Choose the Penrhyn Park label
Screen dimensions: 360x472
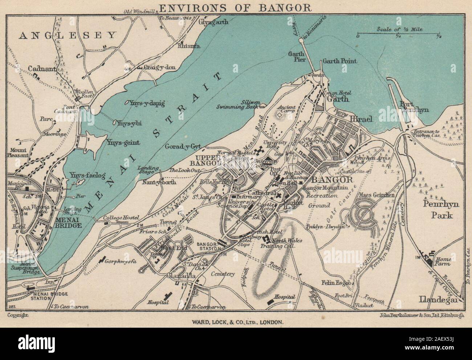click(442, 210)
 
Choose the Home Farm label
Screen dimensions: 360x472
click(443, 261)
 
